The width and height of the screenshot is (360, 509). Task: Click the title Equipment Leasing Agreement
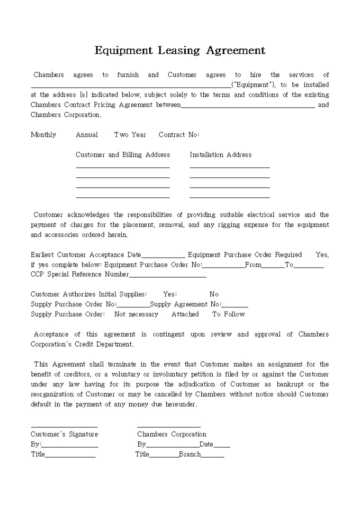tap(180, 51)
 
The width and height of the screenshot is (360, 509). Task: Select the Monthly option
tap(43, 135)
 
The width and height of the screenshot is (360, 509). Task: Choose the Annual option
tap(87, 135)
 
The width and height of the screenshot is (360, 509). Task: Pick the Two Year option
tap(130, 135)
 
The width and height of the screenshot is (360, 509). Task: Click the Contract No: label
tap(179, 135)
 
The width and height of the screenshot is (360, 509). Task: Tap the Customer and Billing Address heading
tap(123, 155)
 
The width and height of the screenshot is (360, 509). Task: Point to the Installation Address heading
tap(221, 155)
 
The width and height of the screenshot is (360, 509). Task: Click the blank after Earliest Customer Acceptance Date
tap(164, 256)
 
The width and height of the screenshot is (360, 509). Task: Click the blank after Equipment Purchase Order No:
tap(223, 266)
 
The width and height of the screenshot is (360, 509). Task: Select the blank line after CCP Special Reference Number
tap(167, 275)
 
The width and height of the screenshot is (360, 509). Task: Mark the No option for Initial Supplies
tap(214, 294)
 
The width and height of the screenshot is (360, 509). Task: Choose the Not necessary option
tap(136, 314)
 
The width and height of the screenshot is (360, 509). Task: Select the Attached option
tap(185, 314)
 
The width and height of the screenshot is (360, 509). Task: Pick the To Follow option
tap(229, 314)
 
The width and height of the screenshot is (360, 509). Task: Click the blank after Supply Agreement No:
tap(235, 305)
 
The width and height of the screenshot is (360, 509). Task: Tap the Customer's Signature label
tap(64, 434)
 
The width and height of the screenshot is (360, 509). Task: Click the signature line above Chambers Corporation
tap(169, 426)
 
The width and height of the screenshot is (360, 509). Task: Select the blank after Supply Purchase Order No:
tap(133, 305)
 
